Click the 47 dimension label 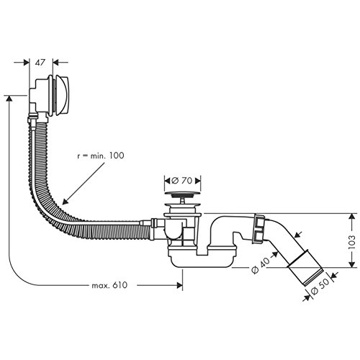pos(40,63)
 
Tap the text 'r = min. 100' pos(101,156)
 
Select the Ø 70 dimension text pos(182,181)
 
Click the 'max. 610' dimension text pos(109,285)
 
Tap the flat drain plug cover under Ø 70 pos(183,193)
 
